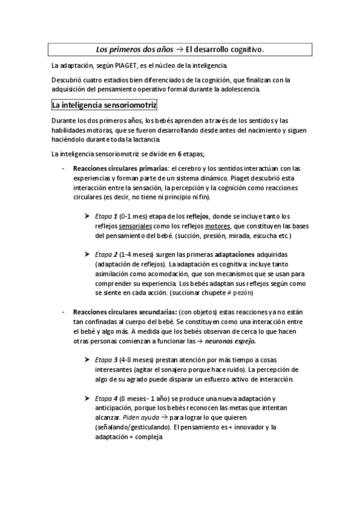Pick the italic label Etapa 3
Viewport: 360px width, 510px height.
106,359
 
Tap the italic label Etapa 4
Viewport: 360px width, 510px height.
106,398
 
